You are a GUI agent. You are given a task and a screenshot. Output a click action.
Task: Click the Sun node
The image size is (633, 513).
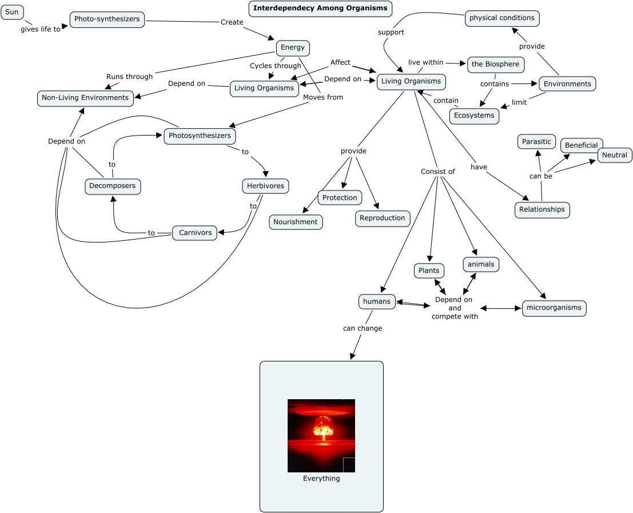coord(12,12)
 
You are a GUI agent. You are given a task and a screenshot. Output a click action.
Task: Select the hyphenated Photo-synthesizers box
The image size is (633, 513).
coord(107,19)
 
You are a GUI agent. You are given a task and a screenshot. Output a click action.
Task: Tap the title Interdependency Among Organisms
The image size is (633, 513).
coord(320,9)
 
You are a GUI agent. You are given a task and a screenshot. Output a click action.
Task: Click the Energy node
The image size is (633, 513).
coord(293,47)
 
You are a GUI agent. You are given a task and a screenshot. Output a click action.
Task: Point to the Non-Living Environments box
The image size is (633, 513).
coord(85,98)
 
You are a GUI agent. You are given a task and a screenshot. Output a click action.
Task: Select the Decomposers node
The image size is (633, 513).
coord(113,186)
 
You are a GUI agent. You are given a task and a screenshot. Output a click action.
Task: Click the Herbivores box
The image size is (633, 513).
coord(265,186)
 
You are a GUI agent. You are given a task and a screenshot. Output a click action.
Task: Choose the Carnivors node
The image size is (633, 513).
coord(195,233)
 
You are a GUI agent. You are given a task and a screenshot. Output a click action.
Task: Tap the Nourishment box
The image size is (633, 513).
coord(295,222)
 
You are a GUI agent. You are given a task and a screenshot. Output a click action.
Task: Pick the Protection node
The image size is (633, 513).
coord(340,198)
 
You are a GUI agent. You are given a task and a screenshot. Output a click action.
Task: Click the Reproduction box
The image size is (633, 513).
coord(383,218)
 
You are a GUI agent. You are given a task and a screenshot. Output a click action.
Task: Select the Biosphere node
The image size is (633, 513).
coord(495,64)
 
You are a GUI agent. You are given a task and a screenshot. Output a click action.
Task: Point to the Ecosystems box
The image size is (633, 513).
coord(474,116)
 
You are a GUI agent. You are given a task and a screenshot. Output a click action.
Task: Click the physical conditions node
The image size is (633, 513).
coord(501,18)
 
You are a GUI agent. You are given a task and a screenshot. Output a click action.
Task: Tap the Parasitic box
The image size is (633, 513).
coord(536,142)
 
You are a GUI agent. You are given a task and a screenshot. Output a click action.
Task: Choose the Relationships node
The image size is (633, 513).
coord(542,209)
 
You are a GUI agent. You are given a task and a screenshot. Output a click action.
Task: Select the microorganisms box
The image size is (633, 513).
coord(554,308)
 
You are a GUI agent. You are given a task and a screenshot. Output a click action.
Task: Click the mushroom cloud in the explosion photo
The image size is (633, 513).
coord(323,427)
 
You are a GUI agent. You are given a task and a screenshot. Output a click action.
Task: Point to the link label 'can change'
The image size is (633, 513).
coord(363,328)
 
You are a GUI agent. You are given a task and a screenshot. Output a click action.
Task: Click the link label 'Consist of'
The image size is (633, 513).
coord(437,172)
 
